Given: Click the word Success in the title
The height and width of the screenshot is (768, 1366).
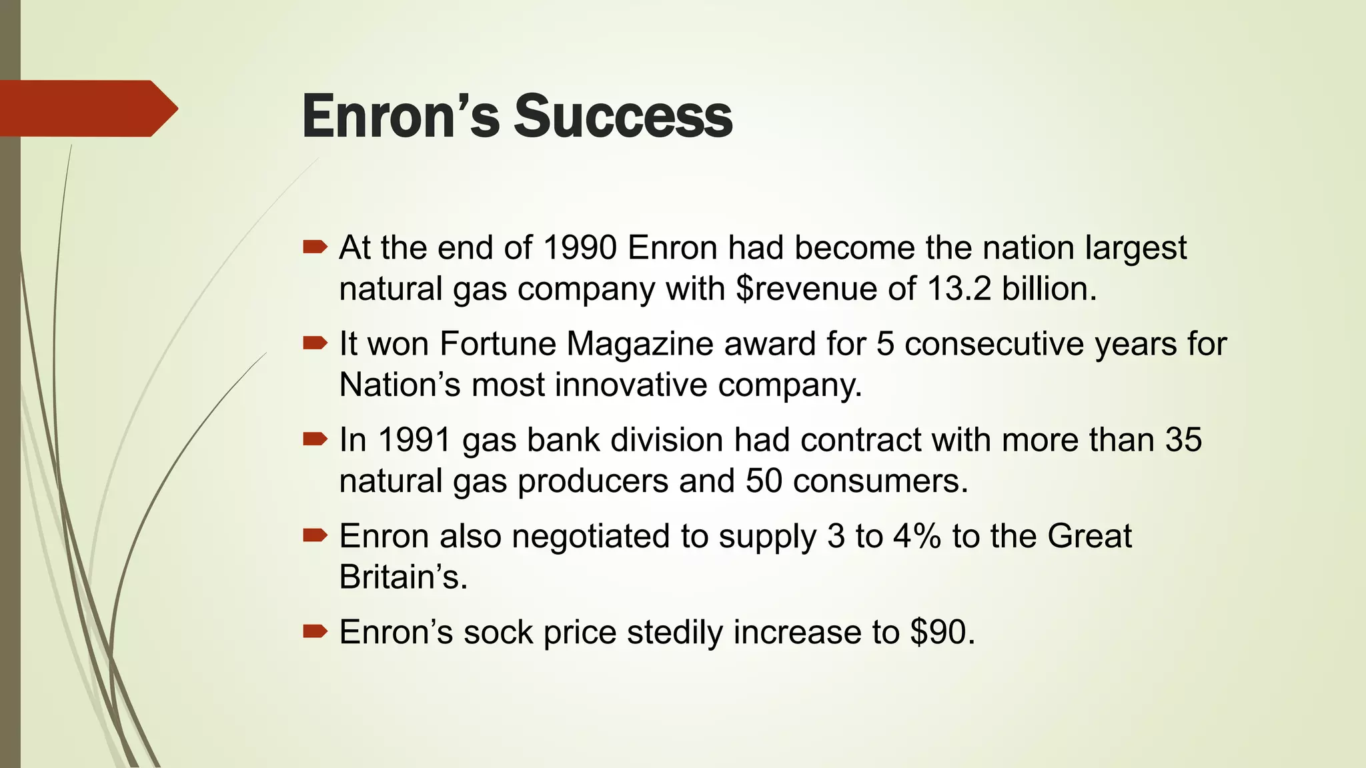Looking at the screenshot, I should [x=623, y=116].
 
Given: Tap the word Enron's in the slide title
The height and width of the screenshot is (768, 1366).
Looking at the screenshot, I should [x=400, y=116].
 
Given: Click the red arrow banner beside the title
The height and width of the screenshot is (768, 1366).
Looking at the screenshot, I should [x=87, y=109].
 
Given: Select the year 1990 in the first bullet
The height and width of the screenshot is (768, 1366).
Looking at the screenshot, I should [x=580, y=248].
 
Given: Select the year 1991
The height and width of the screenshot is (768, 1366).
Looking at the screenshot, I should [x=414, y=440].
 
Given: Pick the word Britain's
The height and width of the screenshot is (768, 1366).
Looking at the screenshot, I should [x=403, y=577].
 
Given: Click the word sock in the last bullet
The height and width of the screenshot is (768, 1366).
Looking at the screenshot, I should [x=498, y=632].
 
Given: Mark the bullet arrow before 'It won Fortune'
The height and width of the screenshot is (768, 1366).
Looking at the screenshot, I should [x=315, y=343].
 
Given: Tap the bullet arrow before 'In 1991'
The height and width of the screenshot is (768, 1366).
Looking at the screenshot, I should [x=315, y=439].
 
